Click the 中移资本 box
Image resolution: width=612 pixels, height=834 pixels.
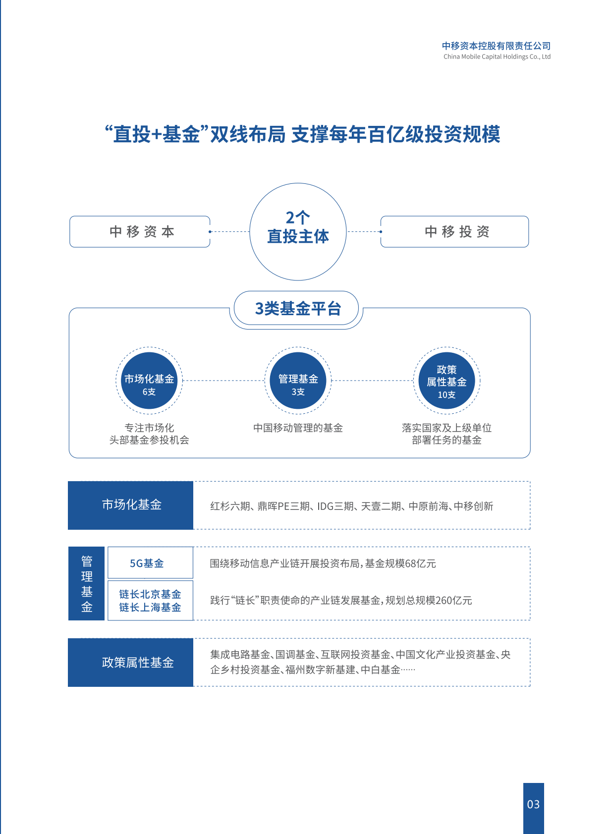pos(140,231)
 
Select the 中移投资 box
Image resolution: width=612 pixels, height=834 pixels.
pos(454,231)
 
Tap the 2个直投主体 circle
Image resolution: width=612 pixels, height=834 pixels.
pos(298,231)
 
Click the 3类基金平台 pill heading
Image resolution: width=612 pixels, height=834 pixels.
pos(297,309)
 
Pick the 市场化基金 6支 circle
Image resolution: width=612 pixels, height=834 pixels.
pos(149,381)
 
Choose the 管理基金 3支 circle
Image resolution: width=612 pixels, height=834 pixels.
pos(298,381)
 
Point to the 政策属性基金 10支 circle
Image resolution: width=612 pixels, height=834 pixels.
pos(446,381)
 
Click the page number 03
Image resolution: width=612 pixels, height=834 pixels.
pos(533,804)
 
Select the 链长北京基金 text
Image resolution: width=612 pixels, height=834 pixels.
pos(150,594)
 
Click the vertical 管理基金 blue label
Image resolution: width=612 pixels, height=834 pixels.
pos(87,584)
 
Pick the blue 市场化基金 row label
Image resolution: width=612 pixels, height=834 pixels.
pos(131,505)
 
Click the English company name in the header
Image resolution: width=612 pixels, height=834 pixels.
pos(497,57)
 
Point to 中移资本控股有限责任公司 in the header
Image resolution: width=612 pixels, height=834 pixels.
pos(496,46)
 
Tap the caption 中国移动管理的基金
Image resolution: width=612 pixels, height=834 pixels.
pos(298,428)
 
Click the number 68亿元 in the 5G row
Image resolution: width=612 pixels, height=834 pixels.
pos(421,563)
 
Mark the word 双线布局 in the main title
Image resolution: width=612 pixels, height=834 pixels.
pos(248,134)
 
